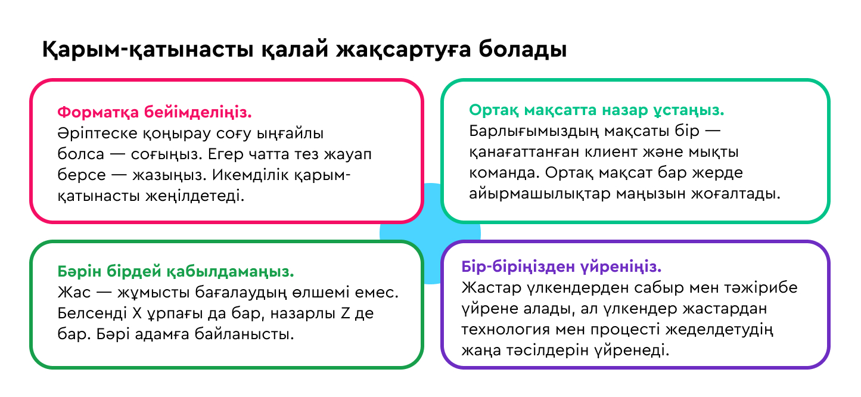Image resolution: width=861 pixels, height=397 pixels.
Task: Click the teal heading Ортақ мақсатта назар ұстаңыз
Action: pyautogui.click(x=596, y=110)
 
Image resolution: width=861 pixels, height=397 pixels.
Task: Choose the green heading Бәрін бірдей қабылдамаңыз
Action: pyautogui.click(x=176, y=272)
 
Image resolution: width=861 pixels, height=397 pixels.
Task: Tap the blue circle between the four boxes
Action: pyautogui.click(x=431, y=232)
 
